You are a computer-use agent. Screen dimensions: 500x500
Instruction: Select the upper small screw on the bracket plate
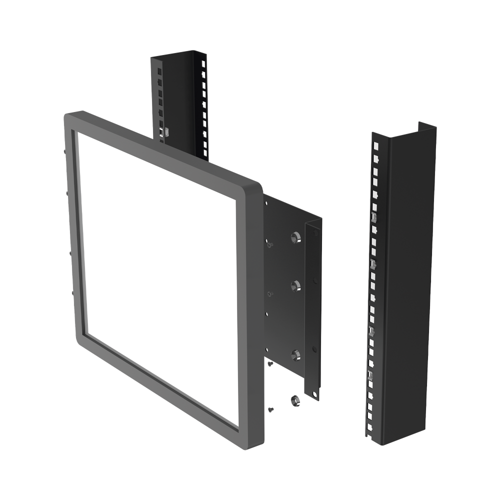(269, 244)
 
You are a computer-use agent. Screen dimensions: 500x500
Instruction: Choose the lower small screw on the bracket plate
(269, 293)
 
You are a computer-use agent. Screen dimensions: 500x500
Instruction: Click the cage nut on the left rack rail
(165, 131)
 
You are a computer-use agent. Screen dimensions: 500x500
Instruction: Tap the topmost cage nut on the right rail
(373, 217)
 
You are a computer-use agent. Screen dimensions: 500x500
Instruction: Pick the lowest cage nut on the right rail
(370, 375)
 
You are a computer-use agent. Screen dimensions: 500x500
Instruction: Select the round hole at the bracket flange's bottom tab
(316, 395)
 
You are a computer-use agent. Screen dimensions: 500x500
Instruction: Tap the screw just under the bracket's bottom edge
(270, 364)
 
